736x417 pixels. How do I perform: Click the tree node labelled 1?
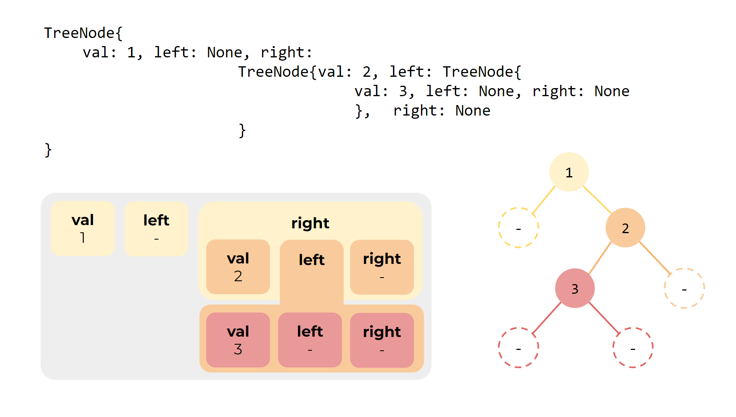(x=569, y=172)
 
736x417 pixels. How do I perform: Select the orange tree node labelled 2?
(x=625, y=228)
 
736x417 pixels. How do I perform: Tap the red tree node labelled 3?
(x=575, y=289)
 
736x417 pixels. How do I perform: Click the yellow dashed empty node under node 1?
(x=518, y=228)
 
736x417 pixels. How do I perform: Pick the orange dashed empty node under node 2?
(x=684, y=289)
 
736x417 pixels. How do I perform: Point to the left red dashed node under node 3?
(x=518, y=347)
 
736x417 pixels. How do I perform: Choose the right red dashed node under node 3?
(x=633, y=347)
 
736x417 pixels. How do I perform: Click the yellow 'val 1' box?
(x=82, y=228)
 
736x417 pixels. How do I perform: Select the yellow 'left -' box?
(x=156, y=228)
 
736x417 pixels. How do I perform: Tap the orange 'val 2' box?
(x=238, y=267)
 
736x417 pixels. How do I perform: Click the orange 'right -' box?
(x=382, y=267)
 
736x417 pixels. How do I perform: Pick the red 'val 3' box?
(x=238, y=340)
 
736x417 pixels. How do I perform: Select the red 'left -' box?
(x=310, y=340)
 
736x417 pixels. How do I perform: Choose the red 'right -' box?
(x=382, y=340)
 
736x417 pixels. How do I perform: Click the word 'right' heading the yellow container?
(x=310, y=223)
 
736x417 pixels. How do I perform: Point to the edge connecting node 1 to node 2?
(x=597, y=200)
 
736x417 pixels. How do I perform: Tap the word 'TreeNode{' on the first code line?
(x=83, y=33)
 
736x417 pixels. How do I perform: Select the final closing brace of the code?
(x=48, y=150)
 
